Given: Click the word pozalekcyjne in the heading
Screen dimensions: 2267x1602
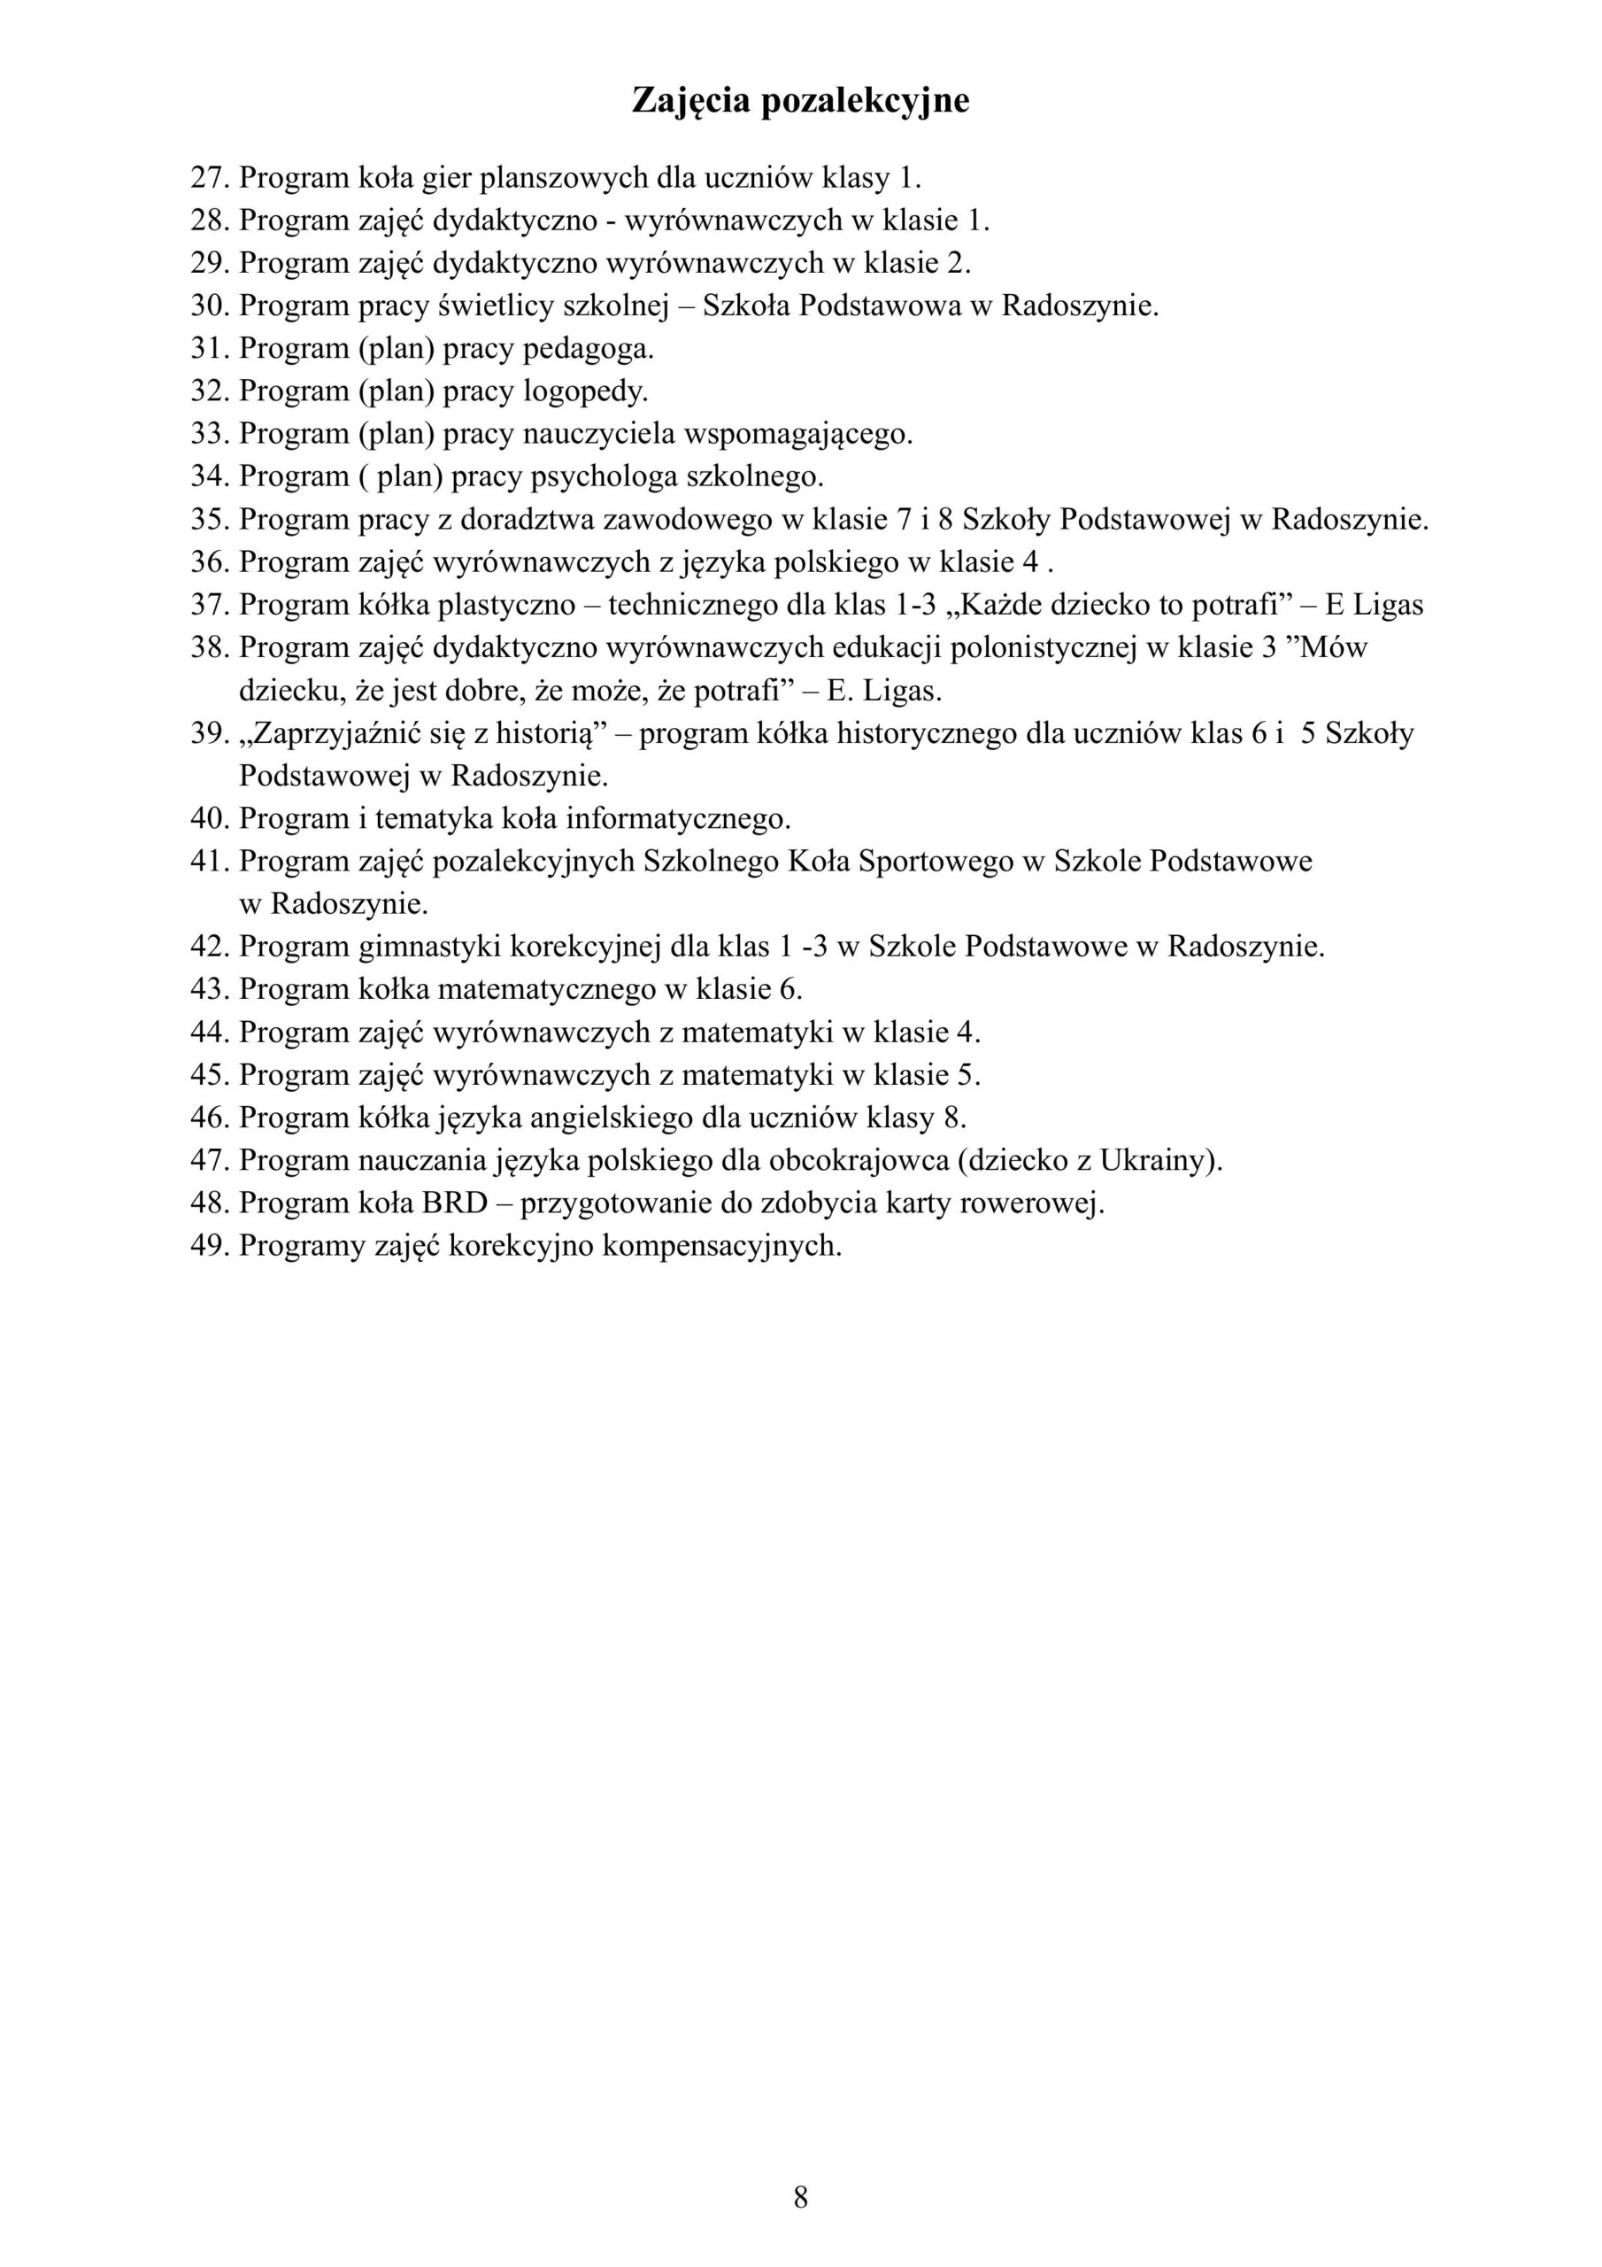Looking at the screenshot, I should click(865, 101).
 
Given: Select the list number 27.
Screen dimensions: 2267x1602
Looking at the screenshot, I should click(208, 179).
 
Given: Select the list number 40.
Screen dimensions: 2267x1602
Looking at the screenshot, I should click(208, 819).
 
